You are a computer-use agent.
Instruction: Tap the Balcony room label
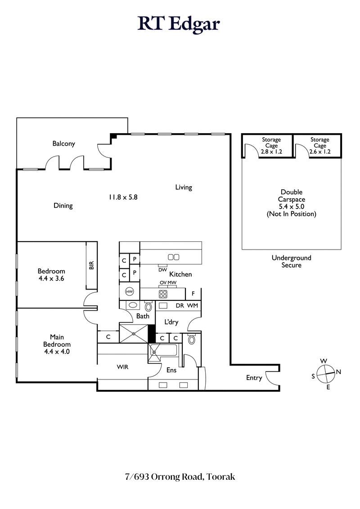[x=63, y=144]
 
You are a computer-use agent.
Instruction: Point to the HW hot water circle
[x=130, y=291]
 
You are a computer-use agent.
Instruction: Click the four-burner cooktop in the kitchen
[x=163, y=294]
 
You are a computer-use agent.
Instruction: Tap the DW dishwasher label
[x=162, y=270]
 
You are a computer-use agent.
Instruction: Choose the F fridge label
[x=193, y=294]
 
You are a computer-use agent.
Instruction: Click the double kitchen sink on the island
[x=173, y=257]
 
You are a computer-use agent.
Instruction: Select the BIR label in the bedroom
[x=91, y=266]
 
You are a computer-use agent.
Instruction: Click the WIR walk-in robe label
[x=122, y=367]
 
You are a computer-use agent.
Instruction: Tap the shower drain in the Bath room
[x=134, y=333]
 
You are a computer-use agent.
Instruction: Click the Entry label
[x=254, y=378]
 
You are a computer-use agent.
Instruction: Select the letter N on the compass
[x=339, y=372]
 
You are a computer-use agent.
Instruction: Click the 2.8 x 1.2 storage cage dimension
[x=271, y=152]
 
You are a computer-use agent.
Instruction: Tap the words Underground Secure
[x=291, y=261]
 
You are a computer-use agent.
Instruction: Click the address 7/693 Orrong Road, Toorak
[x=180, y=477]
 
